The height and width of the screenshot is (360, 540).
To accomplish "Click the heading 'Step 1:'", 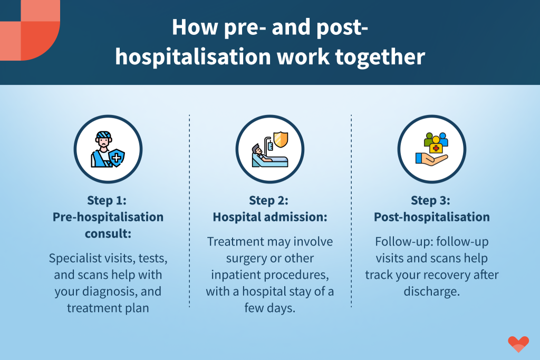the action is (107, 200).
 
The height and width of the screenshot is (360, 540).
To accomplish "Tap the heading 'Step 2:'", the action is (268, 200).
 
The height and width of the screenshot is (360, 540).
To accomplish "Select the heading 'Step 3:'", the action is (430, 200).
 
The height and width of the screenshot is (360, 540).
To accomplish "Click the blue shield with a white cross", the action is (117, 158).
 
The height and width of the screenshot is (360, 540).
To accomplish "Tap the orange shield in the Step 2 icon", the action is (281, 139).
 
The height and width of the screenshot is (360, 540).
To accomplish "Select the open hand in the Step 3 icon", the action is (431, 159).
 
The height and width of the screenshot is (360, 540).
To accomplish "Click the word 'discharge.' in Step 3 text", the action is (432, 291).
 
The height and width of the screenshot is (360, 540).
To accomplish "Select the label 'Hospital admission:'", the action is (270, 217).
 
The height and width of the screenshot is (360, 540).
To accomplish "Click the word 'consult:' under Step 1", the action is (108, 233).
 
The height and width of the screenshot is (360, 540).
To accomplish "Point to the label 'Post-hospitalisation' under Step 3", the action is (432, 217).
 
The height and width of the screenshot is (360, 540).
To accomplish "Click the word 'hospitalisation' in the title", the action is (193, 57).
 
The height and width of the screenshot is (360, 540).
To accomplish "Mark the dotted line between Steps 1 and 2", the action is (189, 211).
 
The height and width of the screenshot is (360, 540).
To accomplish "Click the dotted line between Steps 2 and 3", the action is (351, 211).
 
